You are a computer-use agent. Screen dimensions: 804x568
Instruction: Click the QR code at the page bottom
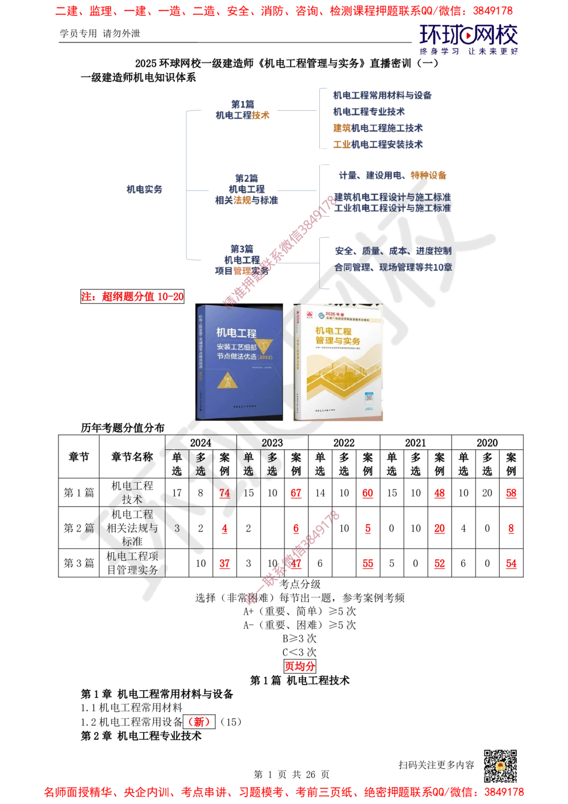499,766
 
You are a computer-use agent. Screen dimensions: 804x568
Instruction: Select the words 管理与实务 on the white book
338,341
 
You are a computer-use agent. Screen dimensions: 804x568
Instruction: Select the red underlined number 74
224,493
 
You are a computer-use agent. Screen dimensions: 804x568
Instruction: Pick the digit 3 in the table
177,528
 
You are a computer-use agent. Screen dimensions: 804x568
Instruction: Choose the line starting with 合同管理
392,267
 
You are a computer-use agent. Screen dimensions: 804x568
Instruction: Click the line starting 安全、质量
392,250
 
